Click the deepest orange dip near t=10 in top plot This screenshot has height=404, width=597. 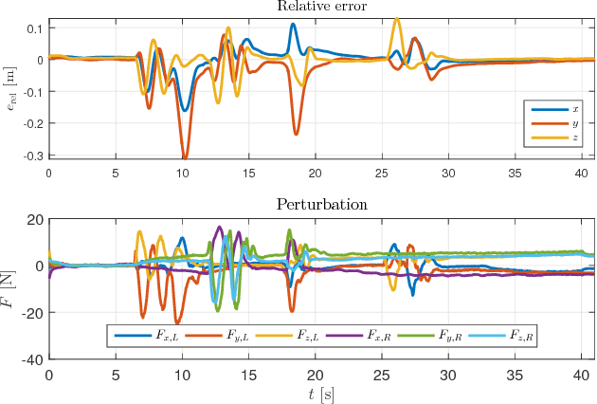[x=185, y=156]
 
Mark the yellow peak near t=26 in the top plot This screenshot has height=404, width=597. [x=396, y=18]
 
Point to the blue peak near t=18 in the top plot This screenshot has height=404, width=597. [x=293, y=25]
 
